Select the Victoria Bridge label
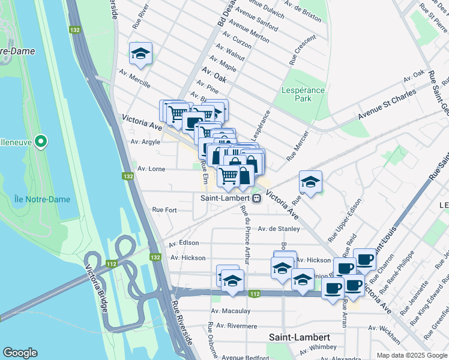coord(96,290)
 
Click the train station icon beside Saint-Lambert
coord(256,197)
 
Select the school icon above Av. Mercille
coord(140,54)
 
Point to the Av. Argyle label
coord(145,142)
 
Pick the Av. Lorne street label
coord(151,169)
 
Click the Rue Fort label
coord(164,210)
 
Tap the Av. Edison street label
coord(184,244)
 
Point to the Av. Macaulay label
coord(231,311)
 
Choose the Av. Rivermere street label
coord(237,326)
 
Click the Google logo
coord(20,353)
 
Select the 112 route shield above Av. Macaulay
coord(255,293)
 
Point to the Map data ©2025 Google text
coord(411,355)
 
